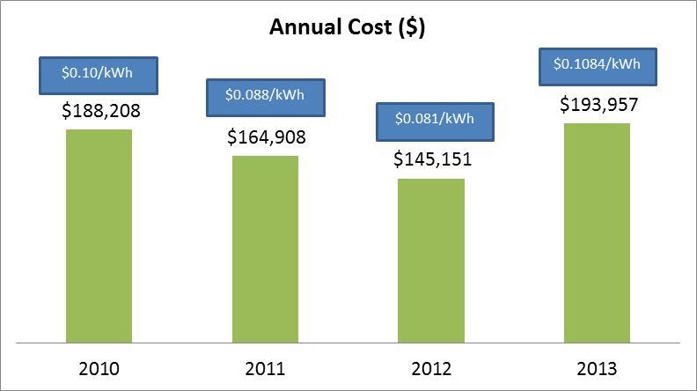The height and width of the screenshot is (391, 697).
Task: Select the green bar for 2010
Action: pos(99,235)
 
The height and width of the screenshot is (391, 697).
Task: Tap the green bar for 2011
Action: pos(265,248)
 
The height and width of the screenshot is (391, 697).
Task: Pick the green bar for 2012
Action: pos(431,260)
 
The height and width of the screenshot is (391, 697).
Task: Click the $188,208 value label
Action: pos(100,111)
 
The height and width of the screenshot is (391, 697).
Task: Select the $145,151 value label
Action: pos(431,159)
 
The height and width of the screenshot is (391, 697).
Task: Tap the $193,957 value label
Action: pos(598,105)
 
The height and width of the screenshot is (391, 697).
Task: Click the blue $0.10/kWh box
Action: pos(99,76)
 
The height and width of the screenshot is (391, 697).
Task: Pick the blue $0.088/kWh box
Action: pos(265,97)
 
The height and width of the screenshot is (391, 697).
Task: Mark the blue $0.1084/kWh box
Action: pos(598,63)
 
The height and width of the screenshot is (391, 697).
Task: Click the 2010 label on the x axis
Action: pos(99,368)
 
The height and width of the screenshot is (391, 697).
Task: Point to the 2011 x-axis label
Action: pos(265,368)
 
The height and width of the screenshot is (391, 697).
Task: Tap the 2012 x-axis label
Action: pos(431,368)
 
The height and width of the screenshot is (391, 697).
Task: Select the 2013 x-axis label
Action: pos(598,368)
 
